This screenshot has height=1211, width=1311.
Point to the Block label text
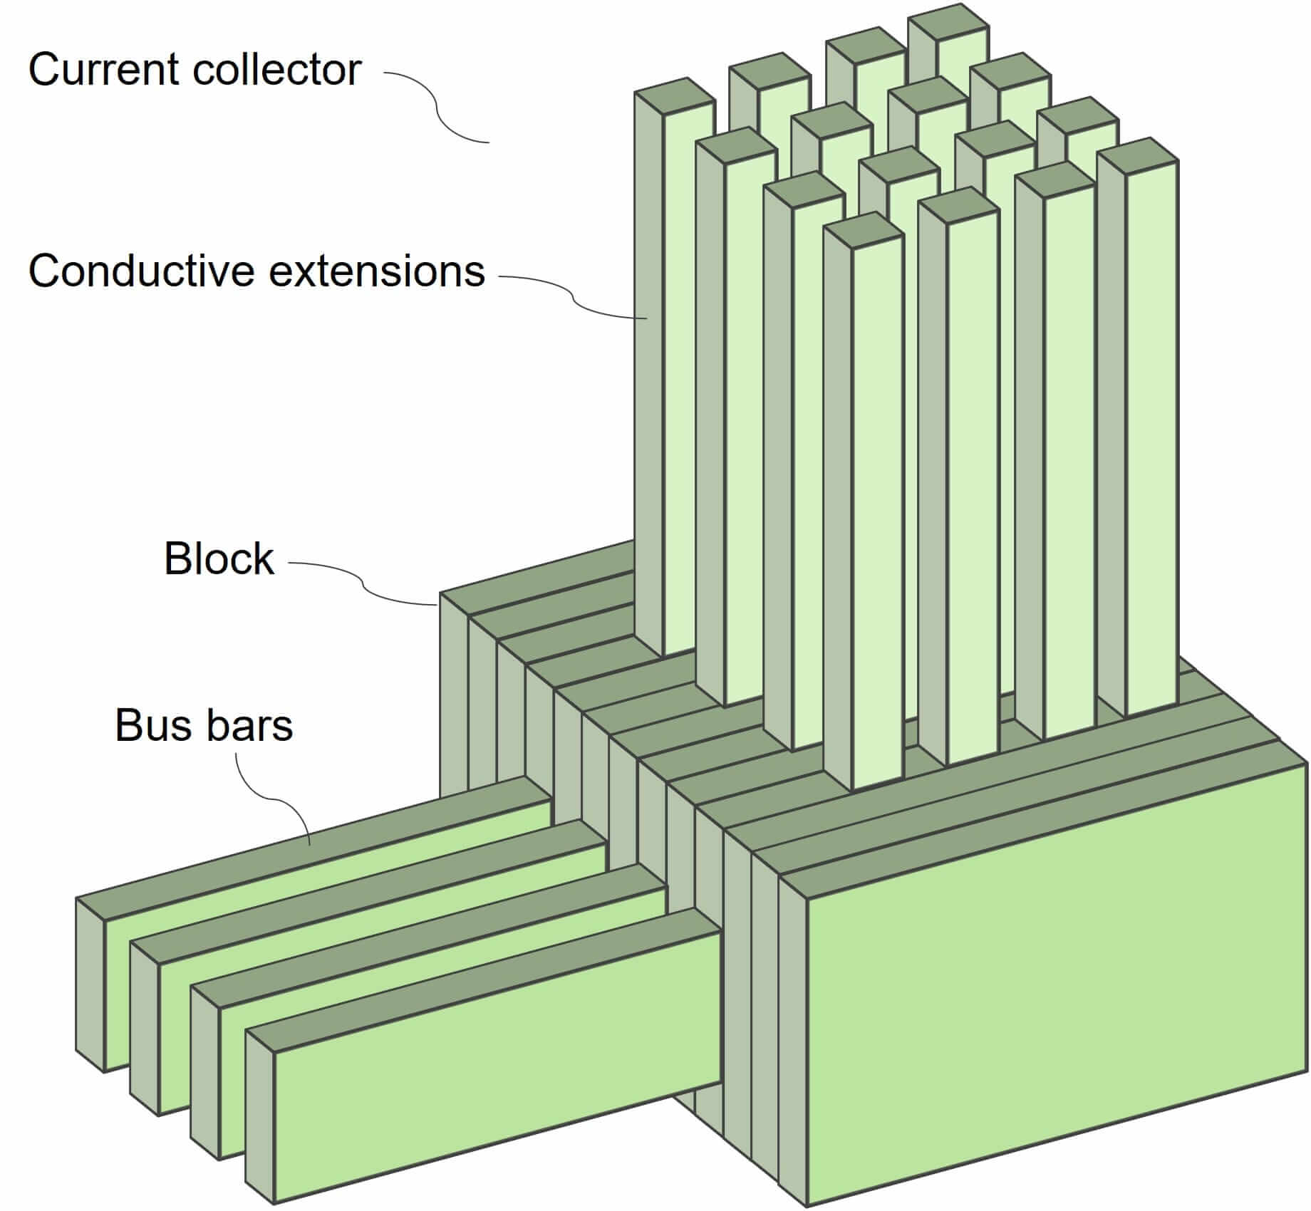[x=219, y=558]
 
